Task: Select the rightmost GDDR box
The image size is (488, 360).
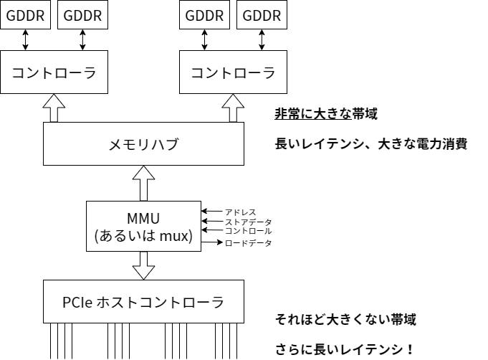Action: click(262, 15)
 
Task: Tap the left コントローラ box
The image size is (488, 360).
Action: click(54, 72)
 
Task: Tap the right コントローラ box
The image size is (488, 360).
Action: click(233, 72)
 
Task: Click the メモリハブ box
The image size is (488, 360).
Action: click(143, 144)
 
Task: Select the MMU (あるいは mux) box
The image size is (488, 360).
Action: click(143, 227)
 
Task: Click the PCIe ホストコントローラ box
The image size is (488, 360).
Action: click(143, 302)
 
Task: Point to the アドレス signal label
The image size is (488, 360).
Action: click(241, 212)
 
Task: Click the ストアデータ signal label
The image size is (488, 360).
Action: click(248, 222)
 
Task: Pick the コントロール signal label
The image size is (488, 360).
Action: click(248, 232)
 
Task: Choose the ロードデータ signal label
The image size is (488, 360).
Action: click(248, 244)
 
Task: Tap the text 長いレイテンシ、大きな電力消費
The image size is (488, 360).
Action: click(370, 144)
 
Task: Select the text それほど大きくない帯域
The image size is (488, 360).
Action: click(345, 319)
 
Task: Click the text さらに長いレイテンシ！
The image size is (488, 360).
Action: click(345, 350)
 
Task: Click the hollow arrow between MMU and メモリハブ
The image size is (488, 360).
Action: click(143, 184)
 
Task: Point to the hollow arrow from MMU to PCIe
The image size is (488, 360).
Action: click(143, 266)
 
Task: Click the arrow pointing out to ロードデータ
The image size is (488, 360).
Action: click(212, 243)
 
